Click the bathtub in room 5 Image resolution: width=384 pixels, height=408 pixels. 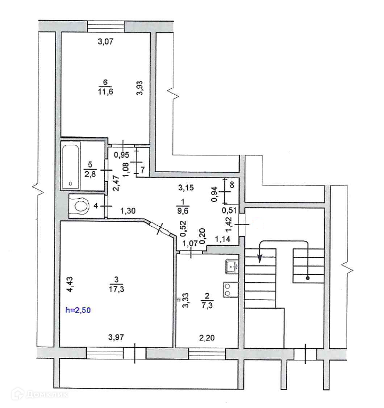pos(70,166)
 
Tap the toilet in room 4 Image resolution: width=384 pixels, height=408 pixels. pos(81,206)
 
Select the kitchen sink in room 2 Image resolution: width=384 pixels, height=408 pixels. pos(232,267)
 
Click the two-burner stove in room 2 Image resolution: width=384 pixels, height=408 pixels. pos(231,290)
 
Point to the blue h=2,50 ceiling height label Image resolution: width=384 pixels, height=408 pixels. pos(78,310)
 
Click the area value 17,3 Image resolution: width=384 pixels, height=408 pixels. pos(116,289)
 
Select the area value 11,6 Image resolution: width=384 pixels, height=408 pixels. pos(105,91)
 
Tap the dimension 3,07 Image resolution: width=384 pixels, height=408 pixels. pos(105,41)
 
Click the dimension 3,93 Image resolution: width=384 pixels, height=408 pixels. pos(140,88)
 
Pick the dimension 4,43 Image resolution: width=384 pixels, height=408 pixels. pos(70,284)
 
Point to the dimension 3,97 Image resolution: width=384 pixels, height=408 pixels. pos(116,338)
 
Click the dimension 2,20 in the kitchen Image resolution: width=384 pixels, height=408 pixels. pos(207,338)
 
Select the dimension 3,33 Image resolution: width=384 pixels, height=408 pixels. pos(186,300)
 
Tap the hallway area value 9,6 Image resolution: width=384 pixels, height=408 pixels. pos(183,210)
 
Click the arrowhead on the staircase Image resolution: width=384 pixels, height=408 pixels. pos(260,258)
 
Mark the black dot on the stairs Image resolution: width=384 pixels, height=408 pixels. pos(308,278)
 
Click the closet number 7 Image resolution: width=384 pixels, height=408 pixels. pos(143,170)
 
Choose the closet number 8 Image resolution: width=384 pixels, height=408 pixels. pos(232,185)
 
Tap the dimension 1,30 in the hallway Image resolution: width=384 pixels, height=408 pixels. pos(128,210)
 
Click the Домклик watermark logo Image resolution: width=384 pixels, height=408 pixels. pos(40,394)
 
